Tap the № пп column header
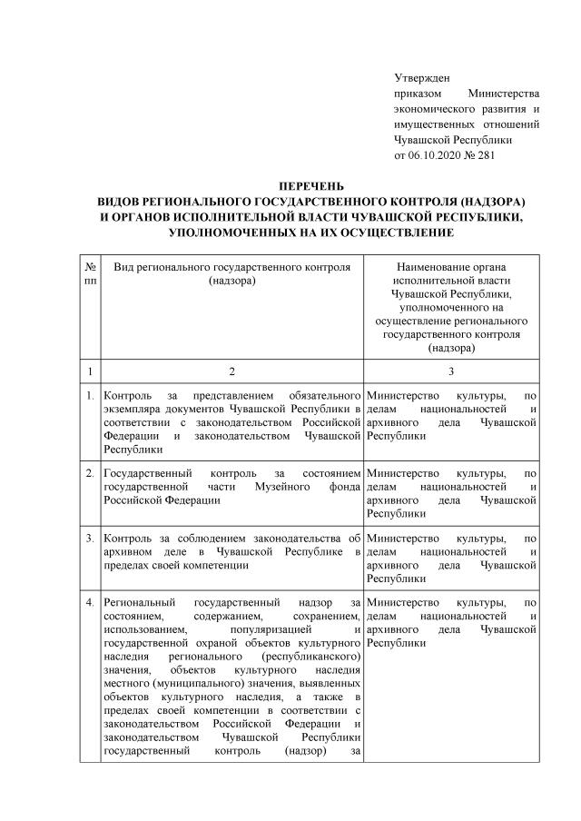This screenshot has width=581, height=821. [90, 274]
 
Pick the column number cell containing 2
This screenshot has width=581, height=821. [231, 371]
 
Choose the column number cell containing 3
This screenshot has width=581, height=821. [451, 371]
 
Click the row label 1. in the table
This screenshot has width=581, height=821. [90, 396]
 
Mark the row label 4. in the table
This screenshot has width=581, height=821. [90, 602]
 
